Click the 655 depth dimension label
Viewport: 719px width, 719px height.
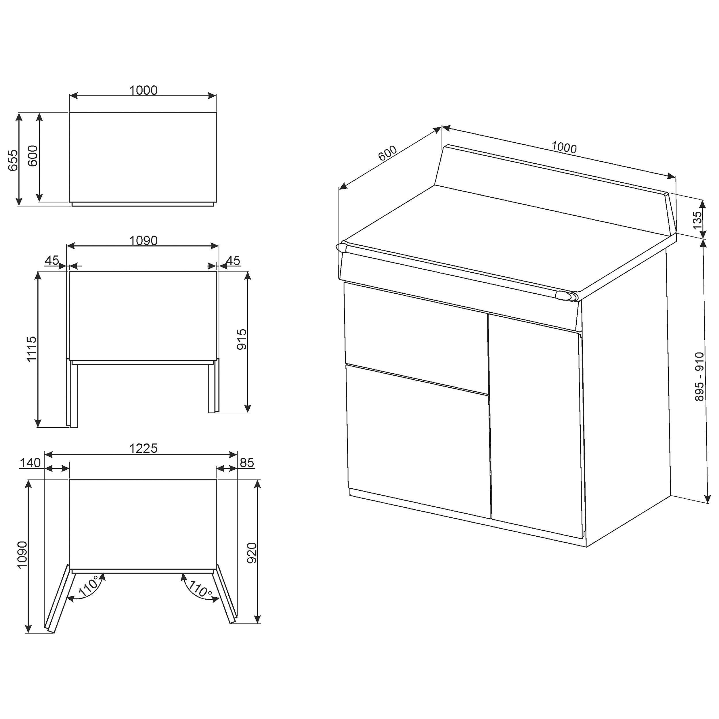click(13, 160)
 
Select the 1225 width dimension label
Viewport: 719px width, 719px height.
click(143, 448)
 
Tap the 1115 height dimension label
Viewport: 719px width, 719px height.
click(32, 349)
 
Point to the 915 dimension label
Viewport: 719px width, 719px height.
click(242, 339)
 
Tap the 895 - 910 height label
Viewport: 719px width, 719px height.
click(700, 377)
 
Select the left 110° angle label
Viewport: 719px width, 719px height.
click(88, 587)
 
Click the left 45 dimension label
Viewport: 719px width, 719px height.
click(52, 260)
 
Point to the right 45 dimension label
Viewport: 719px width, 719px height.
click(233, 260)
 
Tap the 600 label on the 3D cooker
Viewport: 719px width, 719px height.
click(388, 153)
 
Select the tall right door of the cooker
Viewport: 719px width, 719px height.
click(536, 426)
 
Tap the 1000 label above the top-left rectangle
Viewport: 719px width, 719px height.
click(143, 90)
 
